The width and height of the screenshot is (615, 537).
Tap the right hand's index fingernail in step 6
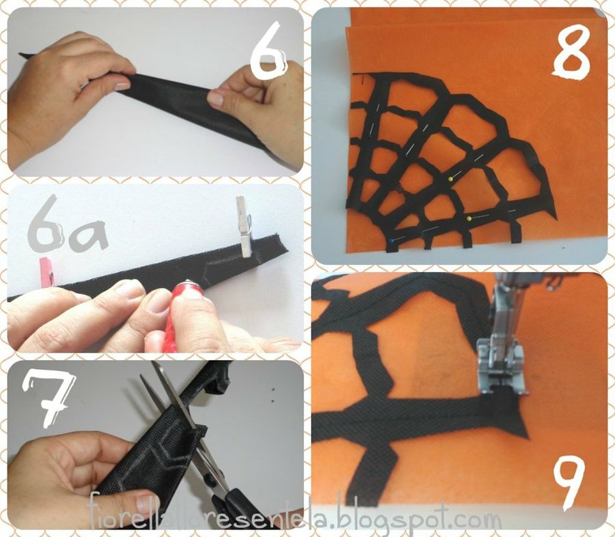[215, 99]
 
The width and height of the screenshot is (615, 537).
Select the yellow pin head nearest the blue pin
[469, 220]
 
